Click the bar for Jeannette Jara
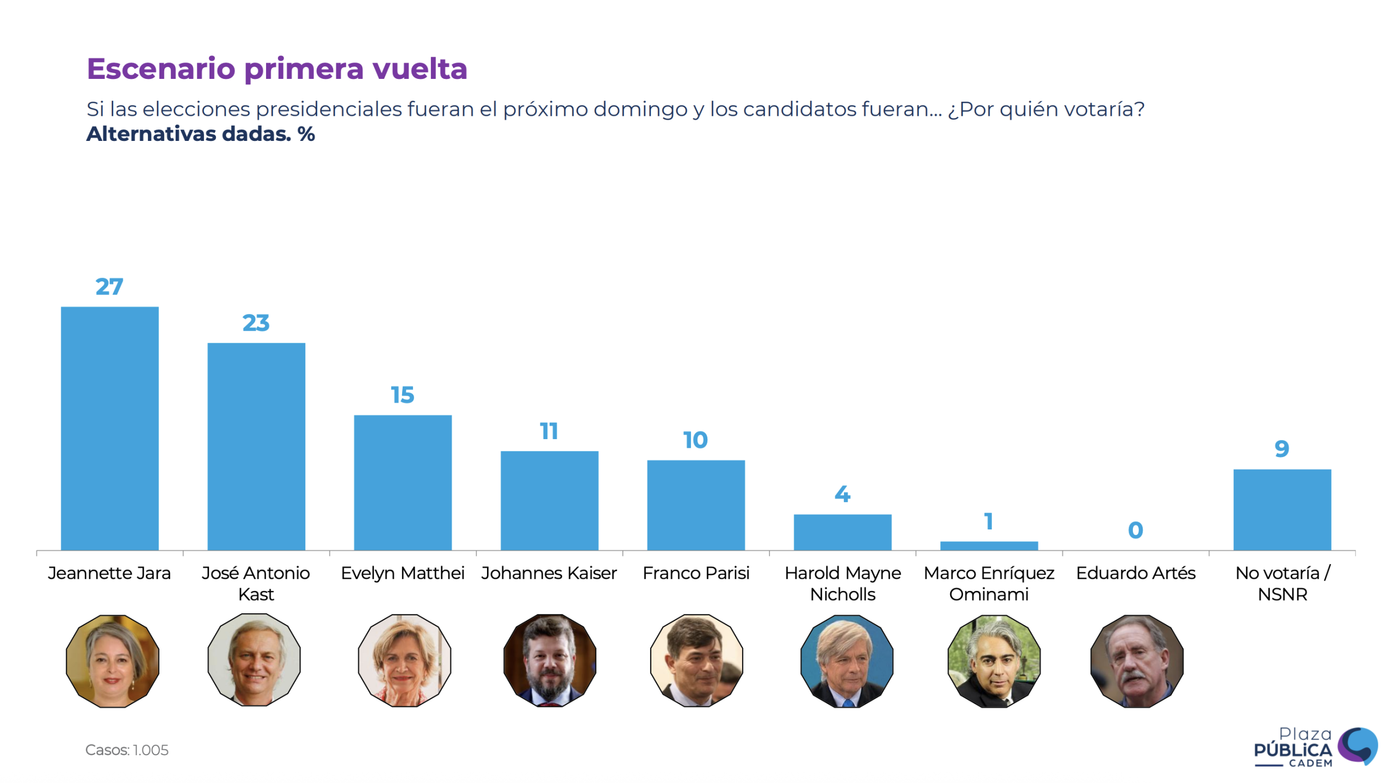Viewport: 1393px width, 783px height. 109,428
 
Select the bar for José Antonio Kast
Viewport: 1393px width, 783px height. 256,446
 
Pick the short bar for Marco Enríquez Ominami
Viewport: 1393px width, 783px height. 988,545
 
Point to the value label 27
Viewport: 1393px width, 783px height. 109,286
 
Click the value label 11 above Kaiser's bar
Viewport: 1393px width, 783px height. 548,431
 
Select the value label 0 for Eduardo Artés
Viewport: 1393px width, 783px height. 1135,529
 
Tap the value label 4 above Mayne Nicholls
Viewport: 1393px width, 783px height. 842,494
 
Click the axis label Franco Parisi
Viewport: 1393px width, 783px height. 695,572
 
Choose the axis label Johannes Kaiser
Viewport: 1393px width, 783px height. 548,572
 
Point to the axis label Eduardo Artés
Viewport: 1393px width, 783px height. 1135,572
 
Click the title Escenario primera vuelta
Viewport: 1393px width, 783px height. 276,69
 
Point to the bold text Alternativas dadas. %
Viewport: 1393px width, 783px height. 200,134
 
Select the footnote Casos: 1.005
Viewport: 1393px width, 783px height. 127,749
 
